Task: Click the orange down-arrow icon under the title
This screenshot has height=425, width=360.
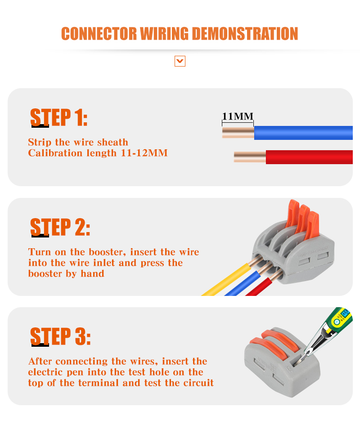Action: pos(180,61)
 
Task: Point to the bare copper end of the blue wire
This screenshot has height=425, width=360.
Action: pos(238,133)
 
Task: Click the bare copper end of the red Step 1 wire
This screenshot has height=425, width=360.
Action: pos(250,157)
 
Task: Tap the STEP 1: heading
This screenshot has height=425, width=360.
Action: pos(58,118)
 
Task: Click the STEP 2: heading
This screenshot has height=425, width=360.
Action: pos(60,228)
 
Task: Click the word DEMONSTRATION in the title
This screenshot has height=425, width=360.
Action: pos(245,34)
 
